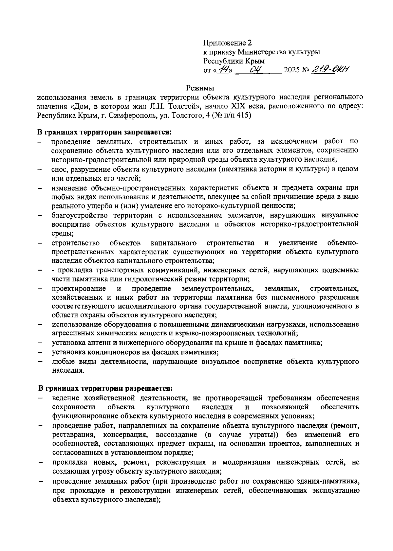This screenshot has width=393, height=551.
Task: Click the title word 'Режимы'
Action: tap(200, 88)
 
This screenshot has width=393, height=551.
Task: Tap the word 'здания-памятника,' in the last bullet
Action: tap(330, 482)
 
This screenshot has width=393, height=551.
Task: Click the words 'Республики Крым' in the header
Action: tap(234, 61)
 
